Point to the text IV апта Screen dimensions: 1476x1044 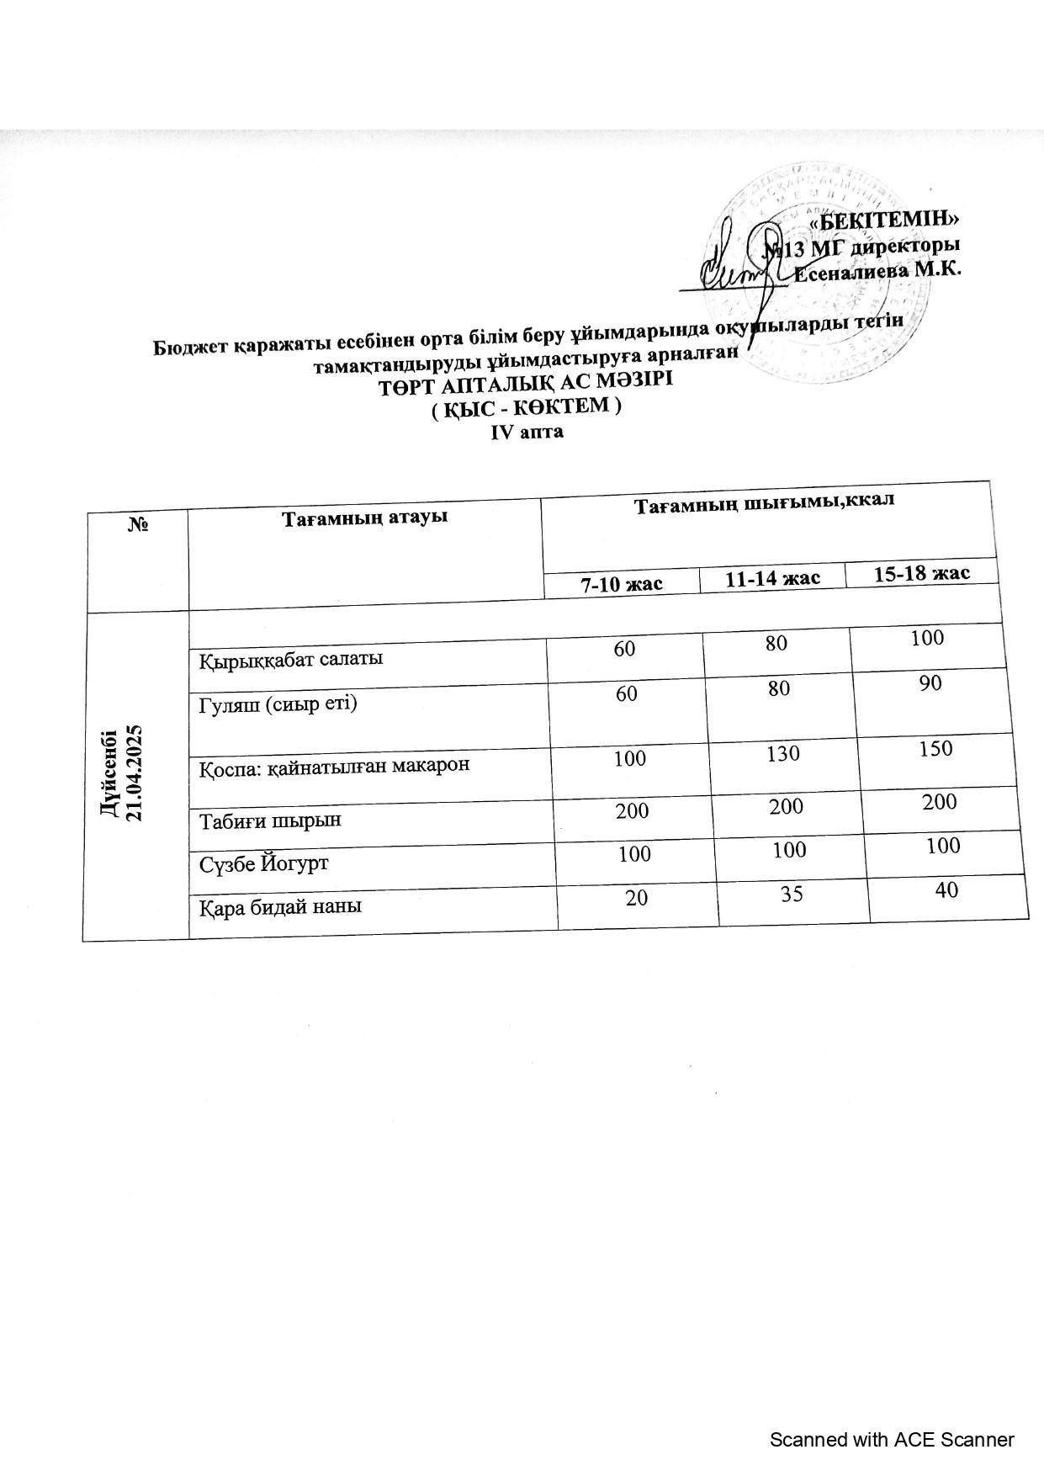pos(527,432)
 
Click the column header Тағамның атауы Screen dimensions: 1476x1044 pos(364,517)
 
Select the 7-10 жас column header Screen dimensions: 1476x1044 pos(622,583)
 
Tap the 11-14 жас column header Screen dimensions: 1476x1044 pos(772,578)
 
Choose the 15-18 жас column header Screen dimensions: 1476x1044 pos(922,573)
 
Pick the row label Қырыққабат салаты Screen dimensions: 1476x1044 pos(291,659)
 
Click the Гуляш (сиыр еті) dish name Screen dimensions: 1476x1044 pos(278,703)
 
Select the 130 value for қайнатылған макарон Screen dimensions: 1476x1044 pos(782,753)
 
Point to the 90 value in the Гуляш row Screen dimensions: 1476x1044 pos(930,682)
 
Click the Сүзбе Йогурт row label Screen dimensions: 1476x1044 pos(263,863)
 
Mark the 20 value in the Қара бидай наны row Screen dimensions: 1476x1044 pos(637,897)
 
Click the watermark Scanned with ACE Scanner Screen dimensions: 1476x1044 pos(892,1440)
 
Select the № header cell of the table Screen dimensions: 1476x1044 pos(138,524)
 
